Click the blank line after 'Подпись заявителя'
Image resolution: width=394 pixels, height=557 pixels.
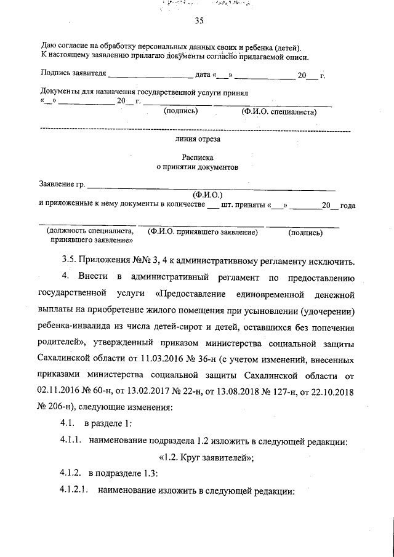tap(150, 78)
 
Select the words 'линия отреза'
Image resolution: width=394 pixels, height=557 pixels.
tap(197, 139)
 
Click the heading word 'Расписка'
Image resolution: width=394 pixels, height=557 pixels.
tap(197, 157)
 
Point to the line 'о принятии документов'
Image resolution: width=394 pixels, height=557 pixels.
tap(197, 167)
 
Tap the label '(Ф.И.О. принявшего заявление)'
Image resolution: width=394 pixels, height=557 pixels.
tap(203, 232)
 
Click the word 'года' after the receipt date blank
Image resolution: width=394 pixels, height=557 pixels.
tap(348, 205)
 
